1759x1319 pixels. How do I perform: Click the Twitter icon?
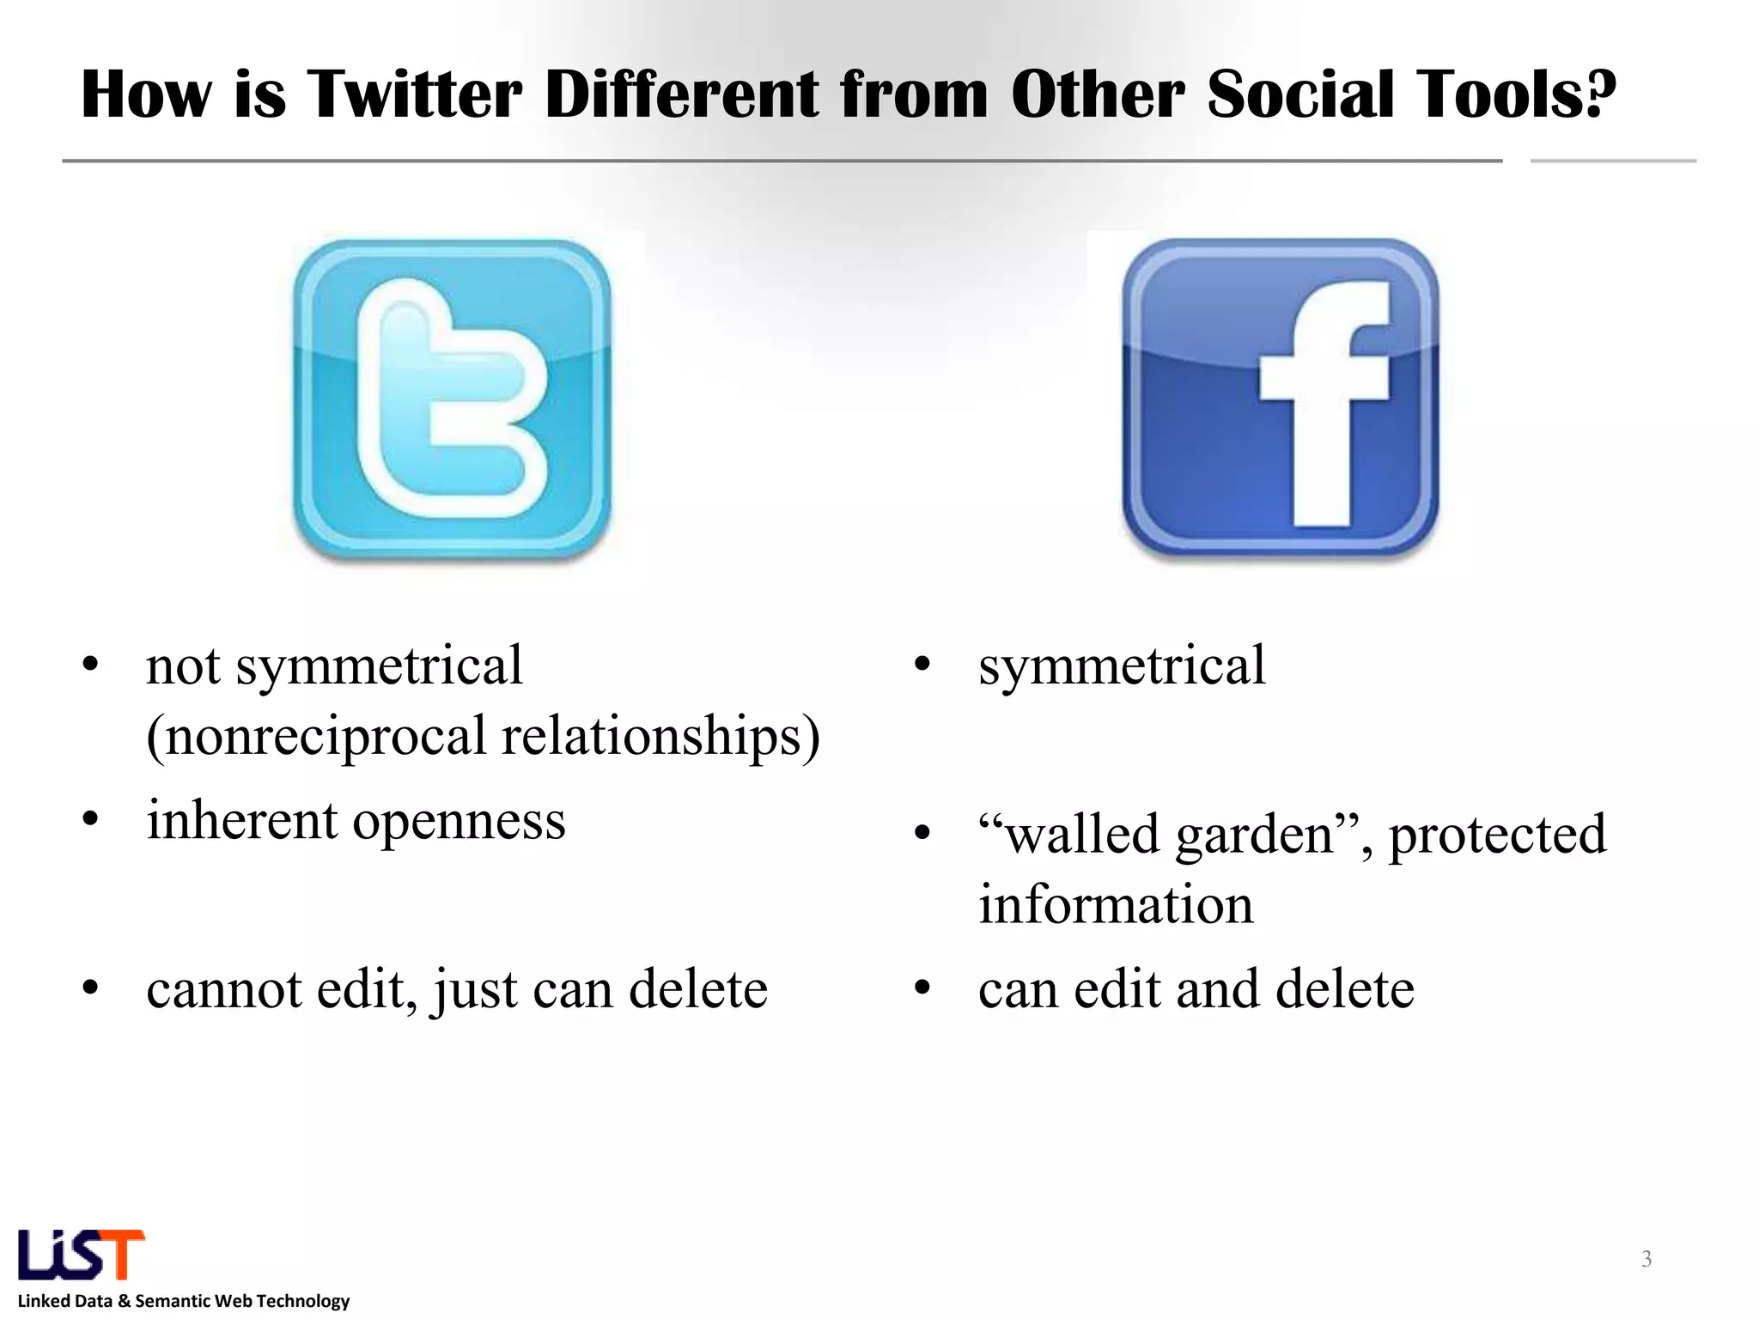(452, 399)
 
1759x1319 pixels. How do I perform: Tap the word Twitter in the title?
(414, 94)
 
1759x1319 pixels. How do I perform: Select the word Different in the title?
(682, 94)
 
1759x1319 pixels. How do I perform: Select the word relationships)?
(660, 737)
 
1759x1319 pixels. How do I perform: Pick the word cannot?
(224, 989)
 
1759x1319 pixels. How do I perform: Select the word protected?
(1497, 836)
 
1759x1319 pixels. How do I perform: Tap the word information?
(1116, 904)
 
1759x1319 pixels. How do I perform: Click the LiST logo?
(82, 1255)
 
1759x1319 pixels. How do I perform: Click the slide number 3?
(1646, 1259)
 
